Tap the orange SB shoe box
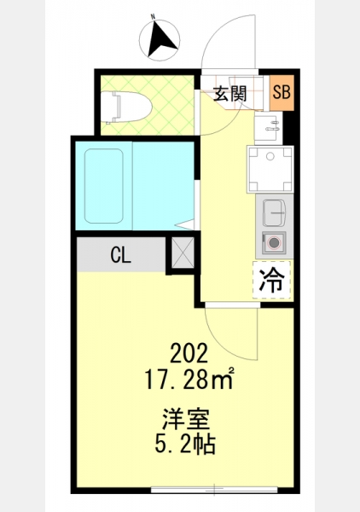click(x=282, y=92)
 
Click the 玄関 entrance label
click(x=230, y=95)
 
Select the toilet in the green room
click(x=126, y=108)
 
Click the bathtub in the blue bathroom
click(x=104, y=186)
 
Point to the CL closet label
click(x=121, y=255)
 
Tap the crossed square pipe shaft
click(x=183, y=253)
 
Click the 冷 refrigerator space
click(x=271, y=280)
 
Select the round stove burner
click(x=274, y=243)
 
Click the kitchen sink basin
click(x=274, y=212)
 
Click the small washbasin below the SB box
click(x=267, y=128)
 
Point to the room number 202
click(x=189, y=353)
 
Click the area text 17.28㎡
click(x=189, y=379)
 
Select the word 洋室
click(x=186, y=419)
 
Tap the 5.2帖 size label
click(x=185, y=444)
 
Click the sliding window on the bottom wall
click(x=214, y=490)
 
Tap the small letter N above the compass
click(x=153, y=16)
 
